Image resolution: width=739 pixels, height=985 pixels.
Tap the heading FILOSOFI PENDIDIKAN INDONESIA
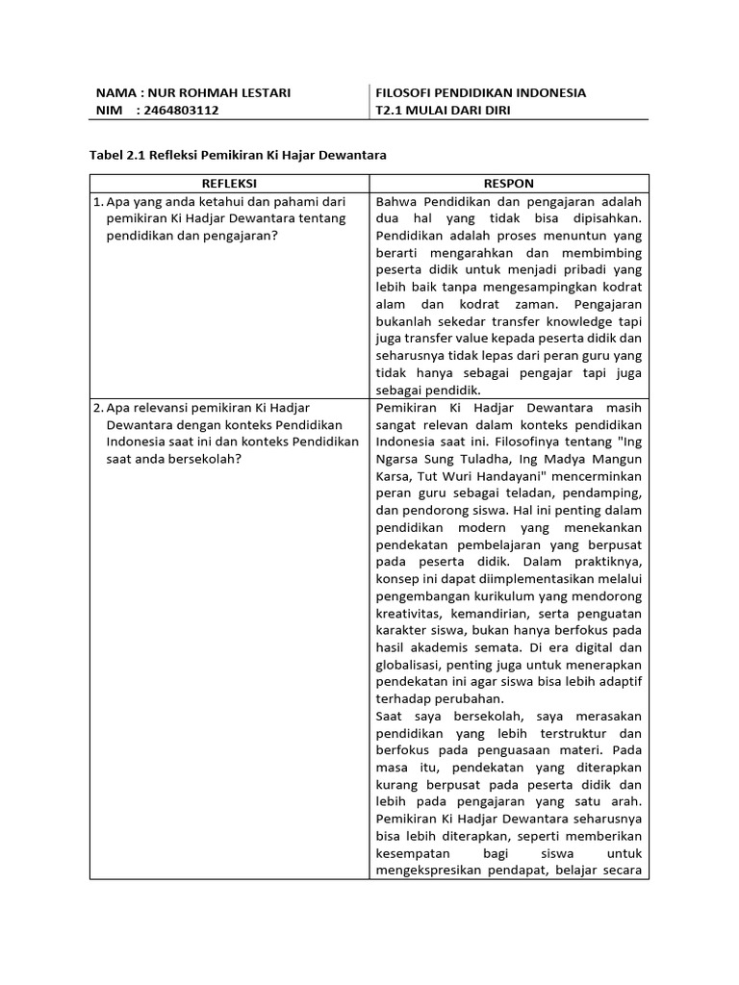tap(481, 93)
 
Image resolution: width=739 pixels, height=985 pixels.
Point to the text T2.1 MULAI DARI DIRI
tap(444, 111)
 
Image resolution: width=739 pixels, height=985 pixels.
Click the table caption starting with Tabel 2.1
tap(243, 154)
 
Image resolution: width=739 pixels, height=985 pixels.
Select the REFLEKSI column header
tap(229, 183)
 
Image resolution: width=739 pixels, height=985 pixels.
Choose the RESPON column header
tap(509, 183)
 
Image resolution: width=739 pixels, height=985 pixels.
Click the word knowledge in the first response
tap(563, 321)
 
